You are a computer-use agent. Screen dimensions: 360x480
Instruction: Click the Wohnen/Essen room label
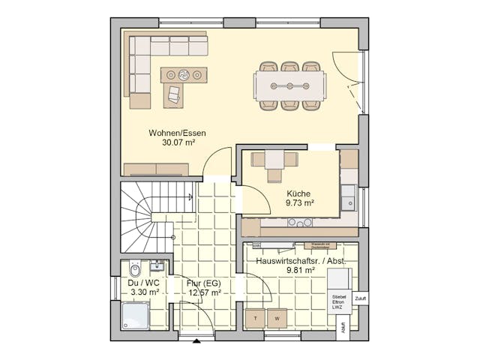click(x=177, y=133)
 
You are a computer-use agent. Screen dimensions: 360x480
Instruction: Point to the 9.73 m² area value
click(x=299, y=202)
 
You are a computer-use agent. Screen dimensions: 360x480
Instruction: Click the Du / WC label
click(x=143, y=283)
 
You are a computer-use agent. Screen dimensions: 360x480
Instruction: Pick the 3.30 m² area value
click(x=143, y=292)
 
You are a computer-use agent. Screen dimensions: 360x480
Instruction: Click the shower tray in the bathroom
click(x=136, y=316)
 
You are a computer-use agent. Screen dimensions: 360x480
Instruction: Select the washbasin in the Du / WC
click(x=157, y=265)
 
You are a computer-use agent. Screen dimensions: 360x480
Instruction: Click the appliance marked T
click(x=256, y=319)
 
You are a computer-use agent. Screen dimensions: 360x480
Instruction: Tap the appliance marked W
click(x=277, y=319)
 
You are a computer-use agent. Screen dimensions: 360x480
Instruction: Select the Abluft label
click(x=343, y=328)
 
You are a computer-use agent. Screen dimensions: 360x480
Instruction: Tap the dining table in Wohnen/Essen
click(x=289, y=85)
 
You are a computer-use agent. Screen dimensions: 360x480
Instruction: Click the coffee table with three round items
click(x=184, y=74)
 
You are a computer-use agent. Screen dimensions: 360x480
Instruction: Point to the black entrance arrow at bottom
click(x=196, y=342)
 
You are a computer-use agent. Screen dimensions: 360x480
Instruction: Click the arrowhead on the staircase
click(x=189, y=197)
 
